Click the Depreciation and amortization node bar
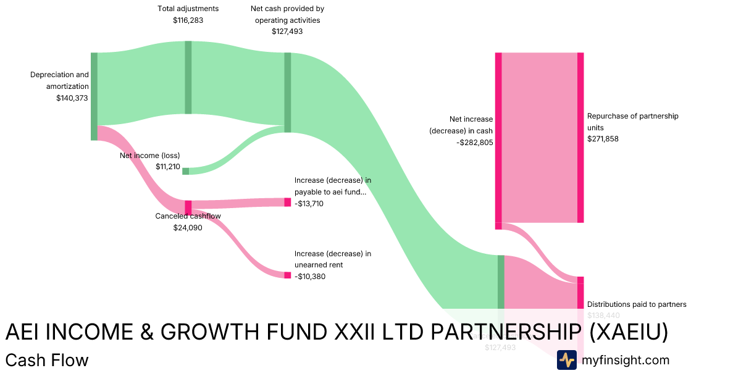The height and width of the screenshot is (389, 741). click(94, 96)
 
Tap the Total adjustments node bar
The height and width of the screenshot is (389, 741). click(188, 77)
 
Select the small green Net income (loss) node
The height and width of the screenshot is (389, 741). click(185, 171)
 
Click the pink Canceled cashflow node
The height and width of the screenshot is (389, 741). click(188, 207)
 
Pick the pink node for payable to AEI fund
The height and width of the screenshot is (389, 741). click(287, 202)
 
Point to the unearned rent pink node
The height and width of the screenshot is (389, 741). click(287, 275)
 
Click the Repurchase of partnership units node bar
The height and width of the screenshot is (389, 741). click(580, 137)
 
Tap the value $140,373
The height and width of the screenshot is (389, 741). click(72, 98)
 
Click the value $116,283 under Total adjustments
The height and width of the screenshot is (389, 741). click(188, 20)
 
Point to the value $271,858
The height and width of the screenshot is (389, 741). click(603, 139)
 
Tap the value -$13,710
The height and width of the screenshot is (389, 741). click(309, 204)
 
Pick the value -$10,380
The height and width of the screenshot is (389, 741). click(310, 276)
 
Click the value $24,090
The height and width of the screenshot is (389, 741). click(188, 227)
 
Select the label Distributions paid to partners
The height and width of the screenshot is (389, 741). click(637, 304)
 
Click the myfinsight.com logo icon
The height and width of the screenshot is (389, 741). click(566, 360)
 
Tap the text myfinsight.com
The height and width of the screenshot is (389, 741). click(626, 360)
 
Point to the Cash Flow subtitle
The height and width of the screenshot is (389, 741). click(47, 360)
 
